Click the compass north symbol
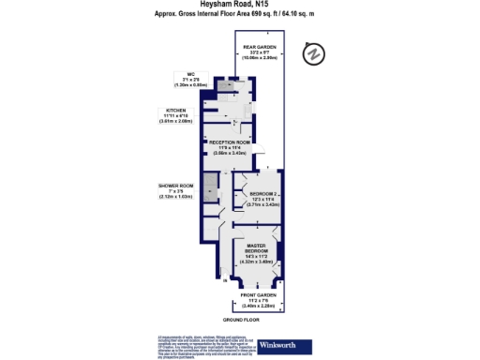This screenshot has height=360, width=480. tap(314, 53)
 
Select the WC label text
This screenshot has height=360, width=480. tap(190, 74)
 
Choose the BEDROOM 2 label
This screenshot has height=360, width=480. tap(261, 194)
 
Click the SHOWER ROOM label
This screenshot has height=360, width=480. tap(174, 186)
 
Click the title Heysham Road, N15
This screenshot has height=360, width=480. tap(240, 5)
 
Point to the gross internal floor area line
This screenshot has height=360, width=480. tap(240, 14)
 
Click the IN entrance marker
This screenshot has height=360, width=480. tap(225, 280)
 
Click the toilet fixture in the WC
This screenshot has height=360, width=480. tap(226, 86)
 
